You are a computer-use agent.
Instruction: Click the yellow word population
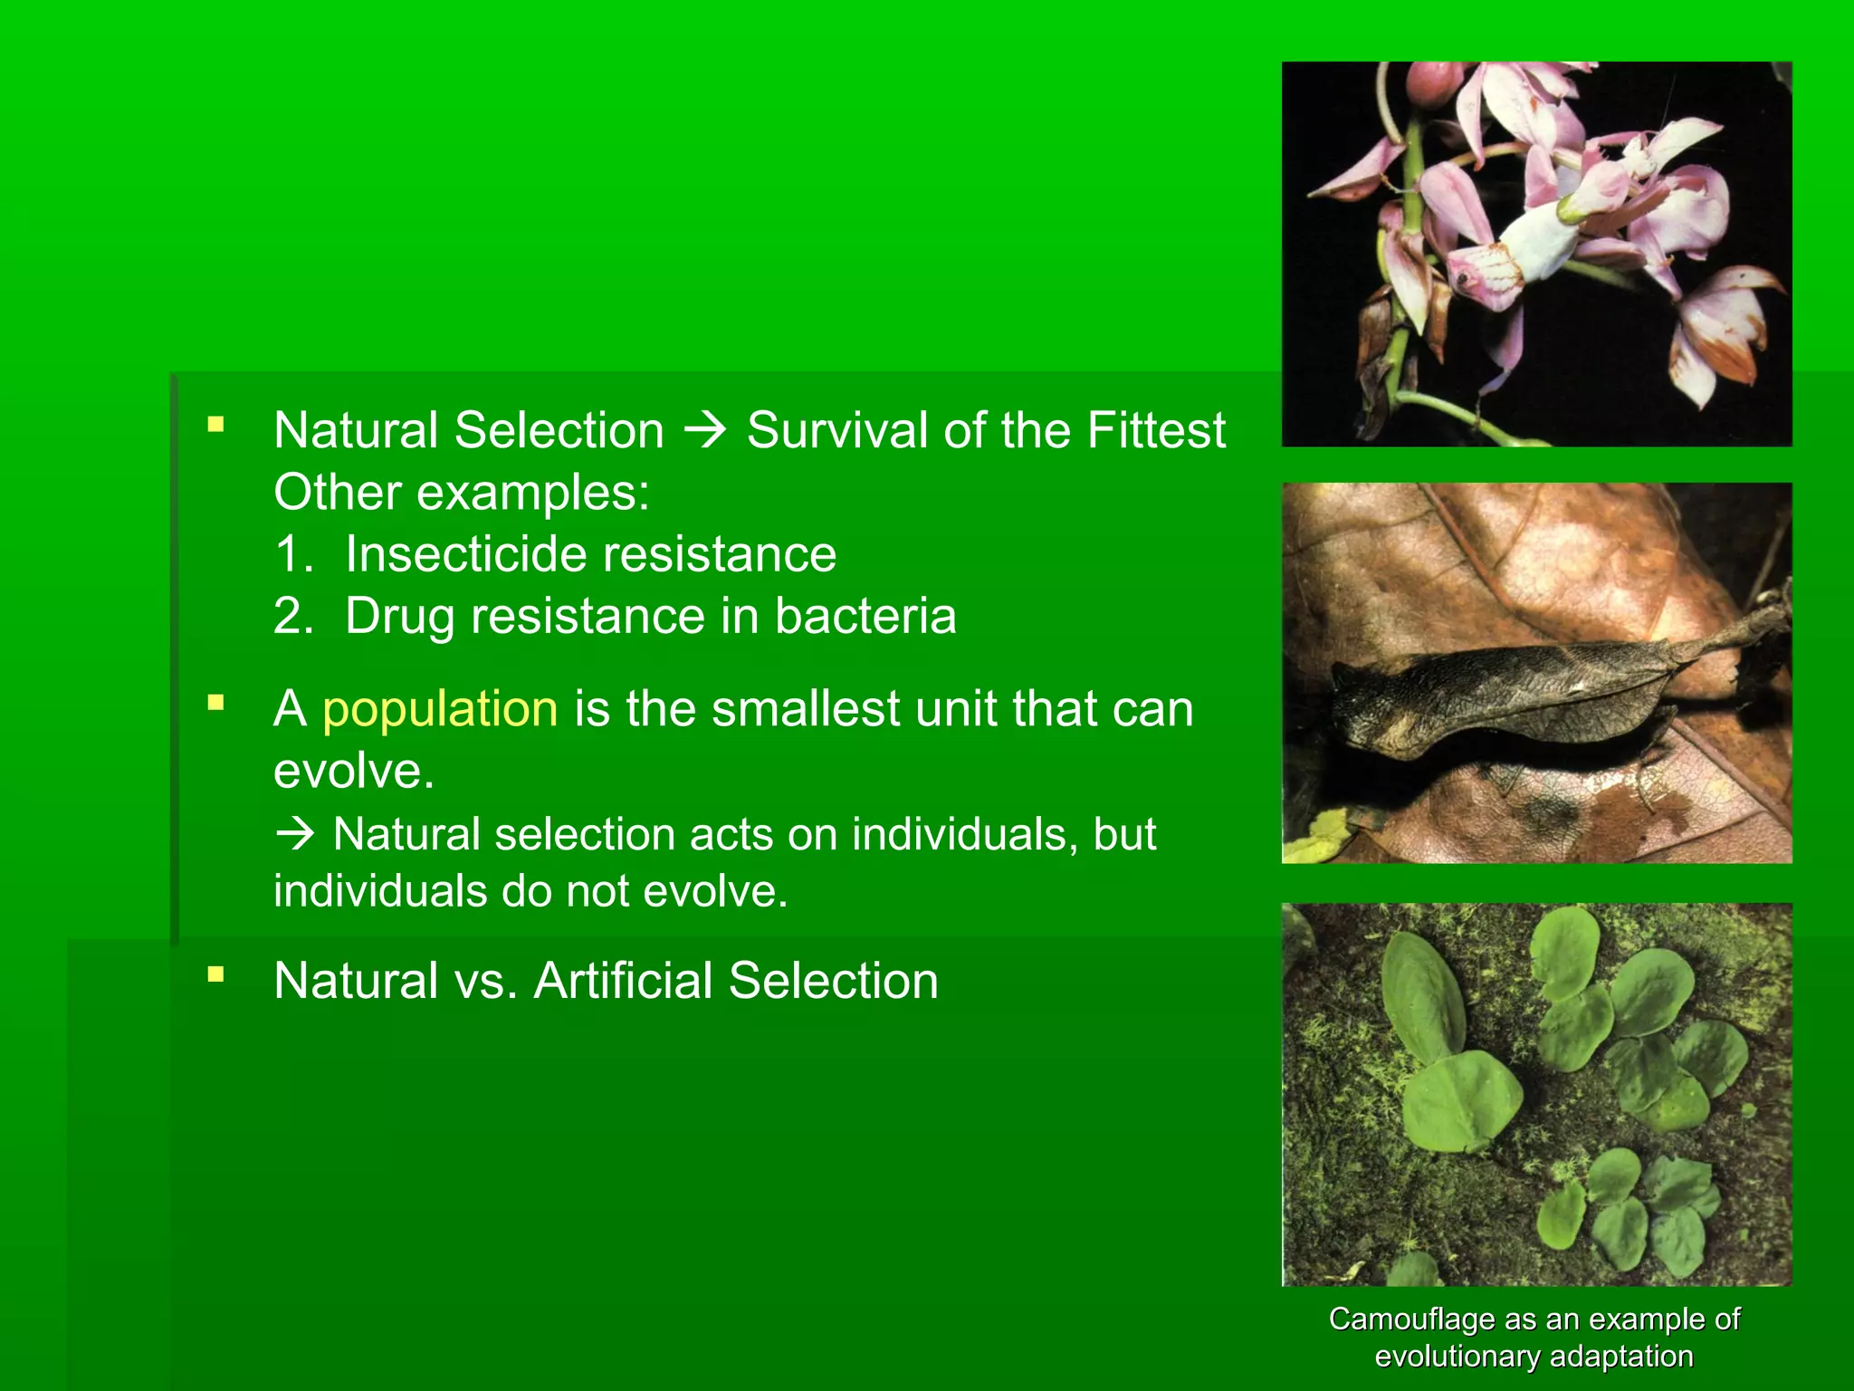(440, 709)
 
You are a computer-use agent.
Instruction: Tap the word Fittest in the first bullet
(1156, 430)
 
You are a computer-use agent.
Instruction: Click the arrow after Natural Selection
(704, 430)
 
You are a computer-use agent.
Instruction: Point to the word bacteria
(865, 617)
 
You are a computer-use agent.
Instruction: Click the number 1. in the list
(293, 554)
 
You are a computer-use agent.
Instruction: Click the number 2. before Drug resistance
(293, 617)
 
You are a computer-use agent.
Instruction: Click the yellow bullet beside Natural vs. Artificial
(215, 975)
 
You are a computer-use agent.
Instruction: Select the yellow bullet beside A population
(215, 703)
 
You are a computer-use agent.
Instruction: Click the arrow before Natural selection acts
(295, 834)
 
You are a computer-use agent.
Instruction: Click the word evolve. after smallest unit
(354, 772)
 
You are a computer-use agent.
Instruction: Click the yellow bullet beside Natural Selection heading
(215, 424)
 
